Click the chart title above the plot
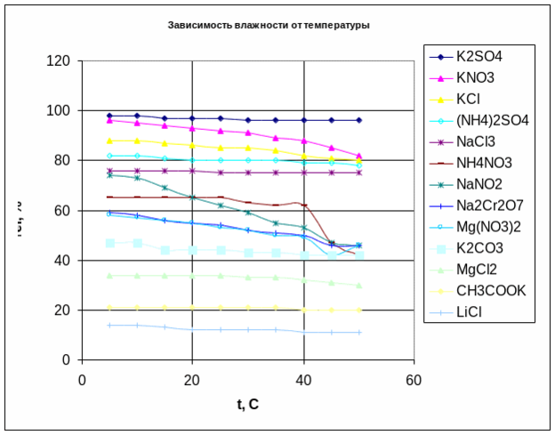268,25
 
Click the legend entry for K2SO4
479,57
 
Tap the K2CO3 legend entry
481,248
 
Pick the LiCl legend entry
472,312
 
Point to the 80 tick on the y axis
61,161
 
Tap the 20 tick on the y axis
61,310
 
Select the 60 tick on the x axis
414,378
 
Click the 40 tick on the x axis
302,378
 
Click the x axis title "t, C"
247,405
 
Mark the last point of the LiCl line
359,333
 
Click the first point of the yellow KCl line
109,141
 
